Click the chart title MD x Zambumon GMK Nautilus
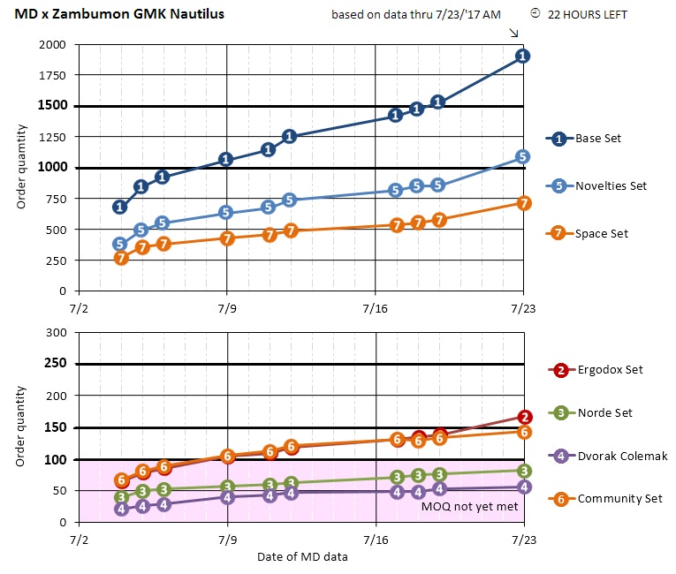coord(119,14)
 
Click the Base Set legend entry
coord(600,139)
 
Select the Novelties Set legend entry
coord(611,185)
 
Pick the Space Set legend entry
coord(601,233)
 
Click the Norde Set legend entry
coord(604,412)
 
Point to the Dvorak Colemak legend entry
coord(621,456)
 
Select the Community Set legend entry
coord(619,499)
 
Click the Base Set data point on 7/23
coord(523,56)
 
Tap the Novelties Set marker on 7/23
coord(523,157)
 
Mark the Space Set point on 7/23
coord(523,203)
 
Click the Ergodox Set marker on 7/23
coord(524,417)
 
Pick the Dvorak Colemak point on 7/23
coord(524,487)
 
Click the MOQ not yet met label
coord(469,508)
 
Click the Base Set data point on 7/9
coord(226,160)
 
